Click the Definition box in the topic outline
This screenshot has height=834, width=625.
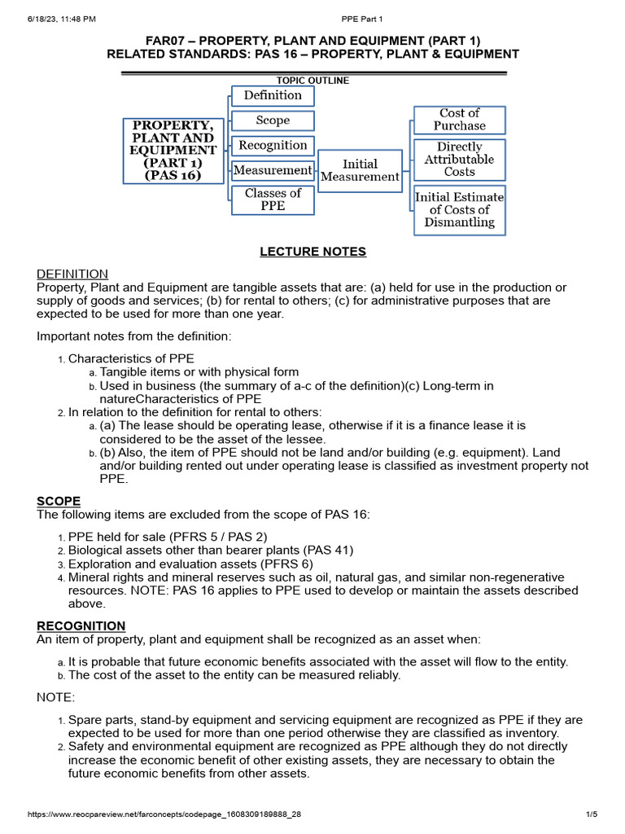[x=273, y=95]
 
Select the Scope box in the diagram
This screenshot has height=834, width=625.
[x=273, y=121]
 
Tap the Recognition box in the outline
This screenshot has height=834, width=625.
[x=273, y=146]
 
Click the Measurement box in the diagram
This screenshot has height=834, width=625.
[x=273, y=170]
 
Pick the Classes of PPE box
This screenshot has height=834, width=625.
[x=273, y=200]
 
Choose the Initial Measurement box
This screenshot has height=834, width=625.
[x=360, y=170]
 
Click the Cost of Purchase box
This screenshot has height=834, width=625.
[x=459, y=120]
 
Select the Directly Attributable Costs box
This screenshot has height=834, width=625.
[x=459, y=160]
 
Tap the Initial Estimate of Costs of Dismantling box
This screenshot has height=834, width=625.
[x=459, y=209]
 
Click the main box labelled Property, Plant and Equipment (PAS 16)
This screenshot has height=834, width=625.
[x=173, y=151]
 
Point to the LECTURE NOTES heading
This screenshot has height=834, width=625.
[x=312, y=252]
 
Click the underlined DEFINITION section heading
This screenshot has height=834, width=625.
[x=72, y=274]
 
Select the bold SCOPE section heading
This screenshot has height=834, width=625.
[x=58, y=500]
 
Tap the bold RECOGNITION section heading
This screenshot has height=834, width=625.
[x=81, y=625]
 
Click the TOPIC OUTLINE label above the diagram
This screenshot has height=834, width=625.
[x=313, y=81]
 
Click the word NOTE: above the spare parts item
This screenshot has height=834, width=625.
[x=55, y=698]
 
